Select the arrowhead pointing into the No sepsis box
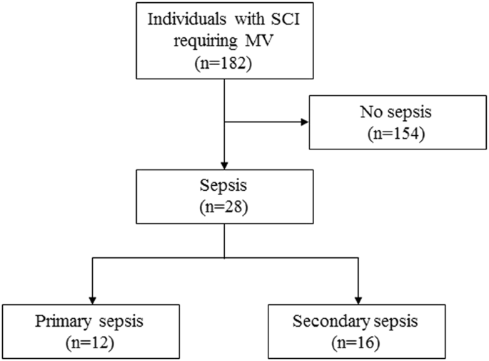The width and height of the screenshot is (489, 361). [x=305, y=122]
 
